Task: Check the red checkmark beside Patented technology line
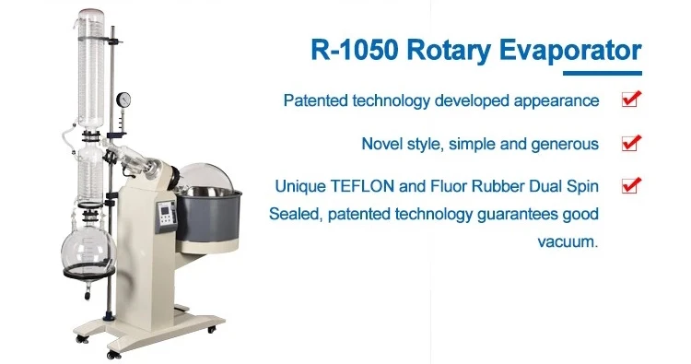click(631, 100)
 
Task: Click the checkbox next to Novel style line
click(631, 143)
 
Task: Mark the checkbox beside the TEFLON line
click(631, 186)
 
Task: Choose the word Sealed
click(292, 215)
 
